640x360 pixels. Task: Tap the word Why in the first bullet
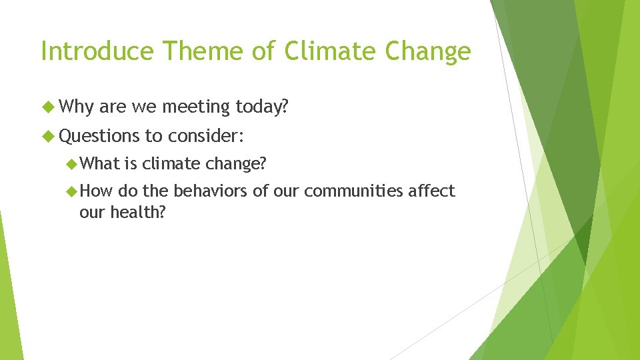point(77,106)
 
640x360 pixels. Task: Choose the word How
point(98,192)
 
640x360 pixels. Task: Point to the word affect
point(432,192)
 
